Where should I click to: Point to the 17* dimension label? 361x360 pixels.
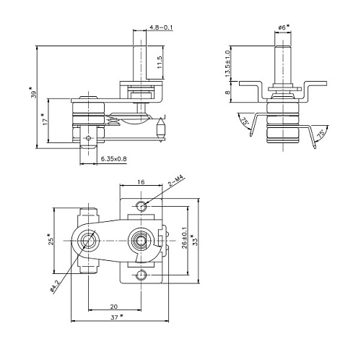45,117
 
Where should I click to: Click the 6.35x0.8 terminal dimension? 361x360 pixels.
112,158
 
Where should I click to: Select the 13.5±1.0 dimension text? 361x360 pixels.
228,62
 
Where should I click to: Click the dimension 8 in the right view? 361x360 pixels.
228,92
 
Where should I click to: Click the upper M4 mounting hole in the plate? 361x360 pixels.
142,206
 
